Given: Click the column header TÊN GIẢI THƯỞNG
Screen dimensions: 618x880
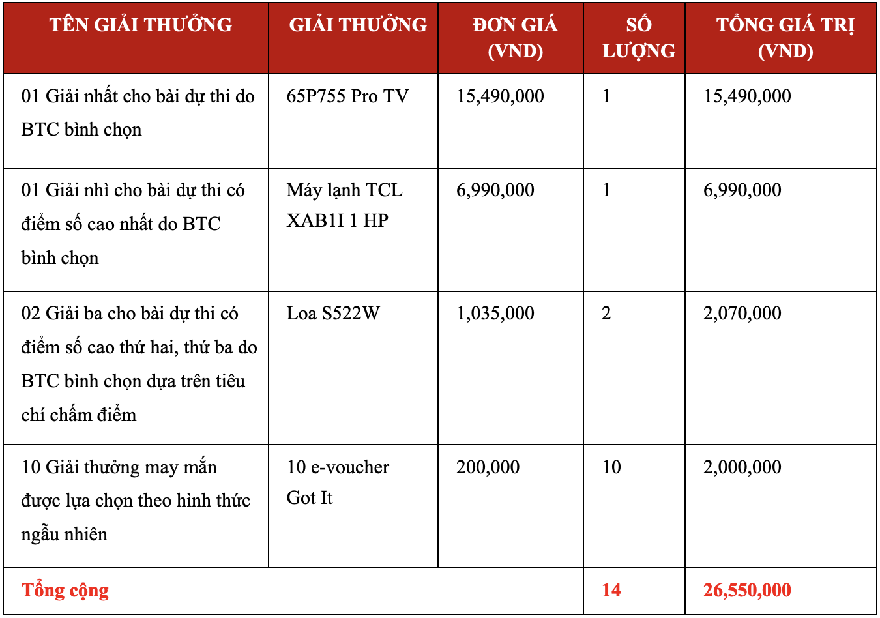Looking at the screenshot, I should [x=140, y=25].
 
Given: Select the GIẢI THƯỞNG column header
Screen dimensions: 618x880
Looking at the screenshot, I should [x=358, y=25].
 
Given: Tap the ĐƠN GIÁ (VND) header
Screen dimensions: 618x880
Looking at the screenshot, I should [x=515, y=38].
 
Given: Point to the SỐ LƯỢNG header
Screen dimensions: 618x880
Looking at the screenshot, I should [x=638, y=38].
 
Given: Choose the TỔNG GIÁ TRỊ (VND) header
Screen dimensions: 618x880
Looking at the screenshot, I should [x=785, y=38].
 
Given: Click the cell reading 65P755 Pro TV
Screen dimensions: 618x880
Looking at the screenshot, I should [x=347, y=96].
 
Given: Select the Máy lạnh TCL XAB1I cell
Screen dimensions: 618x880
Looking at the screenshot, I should [x=344, y=205].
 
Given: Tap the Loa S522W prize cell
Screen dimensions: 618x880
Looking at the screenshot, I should [x=332, y=314].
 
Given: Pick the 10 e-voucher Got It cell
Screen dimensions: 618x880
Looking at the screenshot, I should [x=338, y=482].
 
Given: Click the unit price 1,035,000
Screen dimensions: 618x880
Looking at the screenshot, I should [x=495, y=314].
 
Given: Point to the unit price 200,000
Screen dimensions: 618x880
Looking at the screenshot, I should [x=488, y=467].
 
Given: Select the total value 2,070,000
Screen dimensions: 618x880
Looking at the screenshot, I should [x=742, y=314].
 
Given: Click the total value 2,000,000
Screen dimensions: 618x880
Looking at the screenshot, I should [x=742, y=467].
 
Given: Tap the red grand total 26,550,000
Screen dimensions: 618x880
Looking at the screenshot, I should [x=747, y=591].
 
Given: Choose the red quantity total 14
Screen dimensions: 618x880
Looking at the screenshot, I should [x=611, y=591].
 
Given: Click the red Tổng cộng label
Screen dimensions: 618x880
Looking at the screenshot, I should [x=65, y=591].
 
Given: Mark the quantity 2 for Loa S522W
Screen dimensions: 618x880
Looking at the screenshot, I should [x=606, y=314].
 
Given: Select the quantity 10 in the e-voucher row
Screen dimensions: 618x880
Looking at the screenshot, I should [x=611, y=467].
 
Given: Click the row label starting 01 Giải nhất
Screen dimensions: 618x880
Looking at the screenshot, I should [x=138, y=113].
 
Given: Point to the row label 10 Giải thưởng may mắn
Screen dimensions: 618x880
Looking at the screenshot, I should [x=136, y=501].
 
